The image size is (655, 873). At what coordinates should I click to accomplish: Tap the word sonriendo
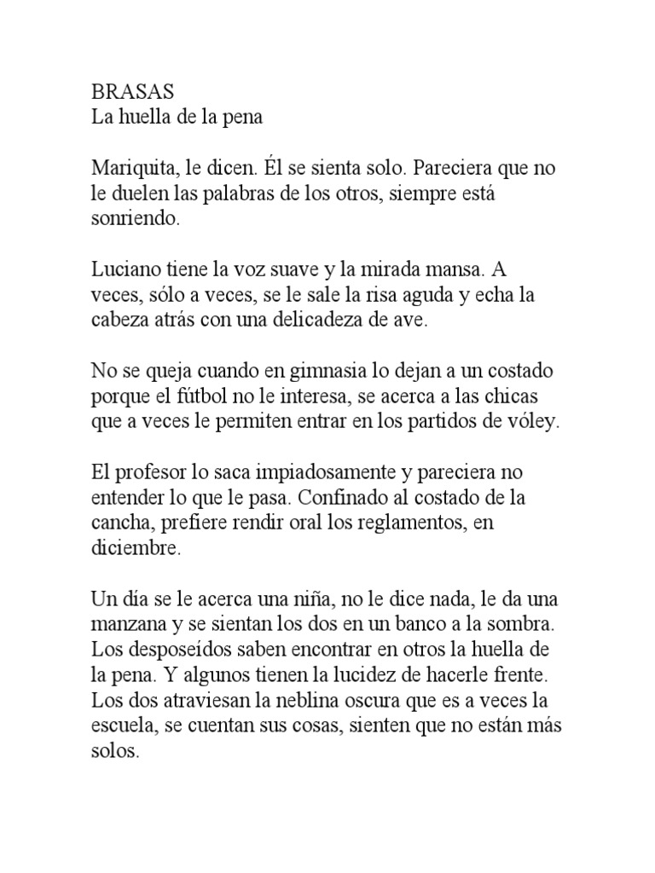tap(135, 218)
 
